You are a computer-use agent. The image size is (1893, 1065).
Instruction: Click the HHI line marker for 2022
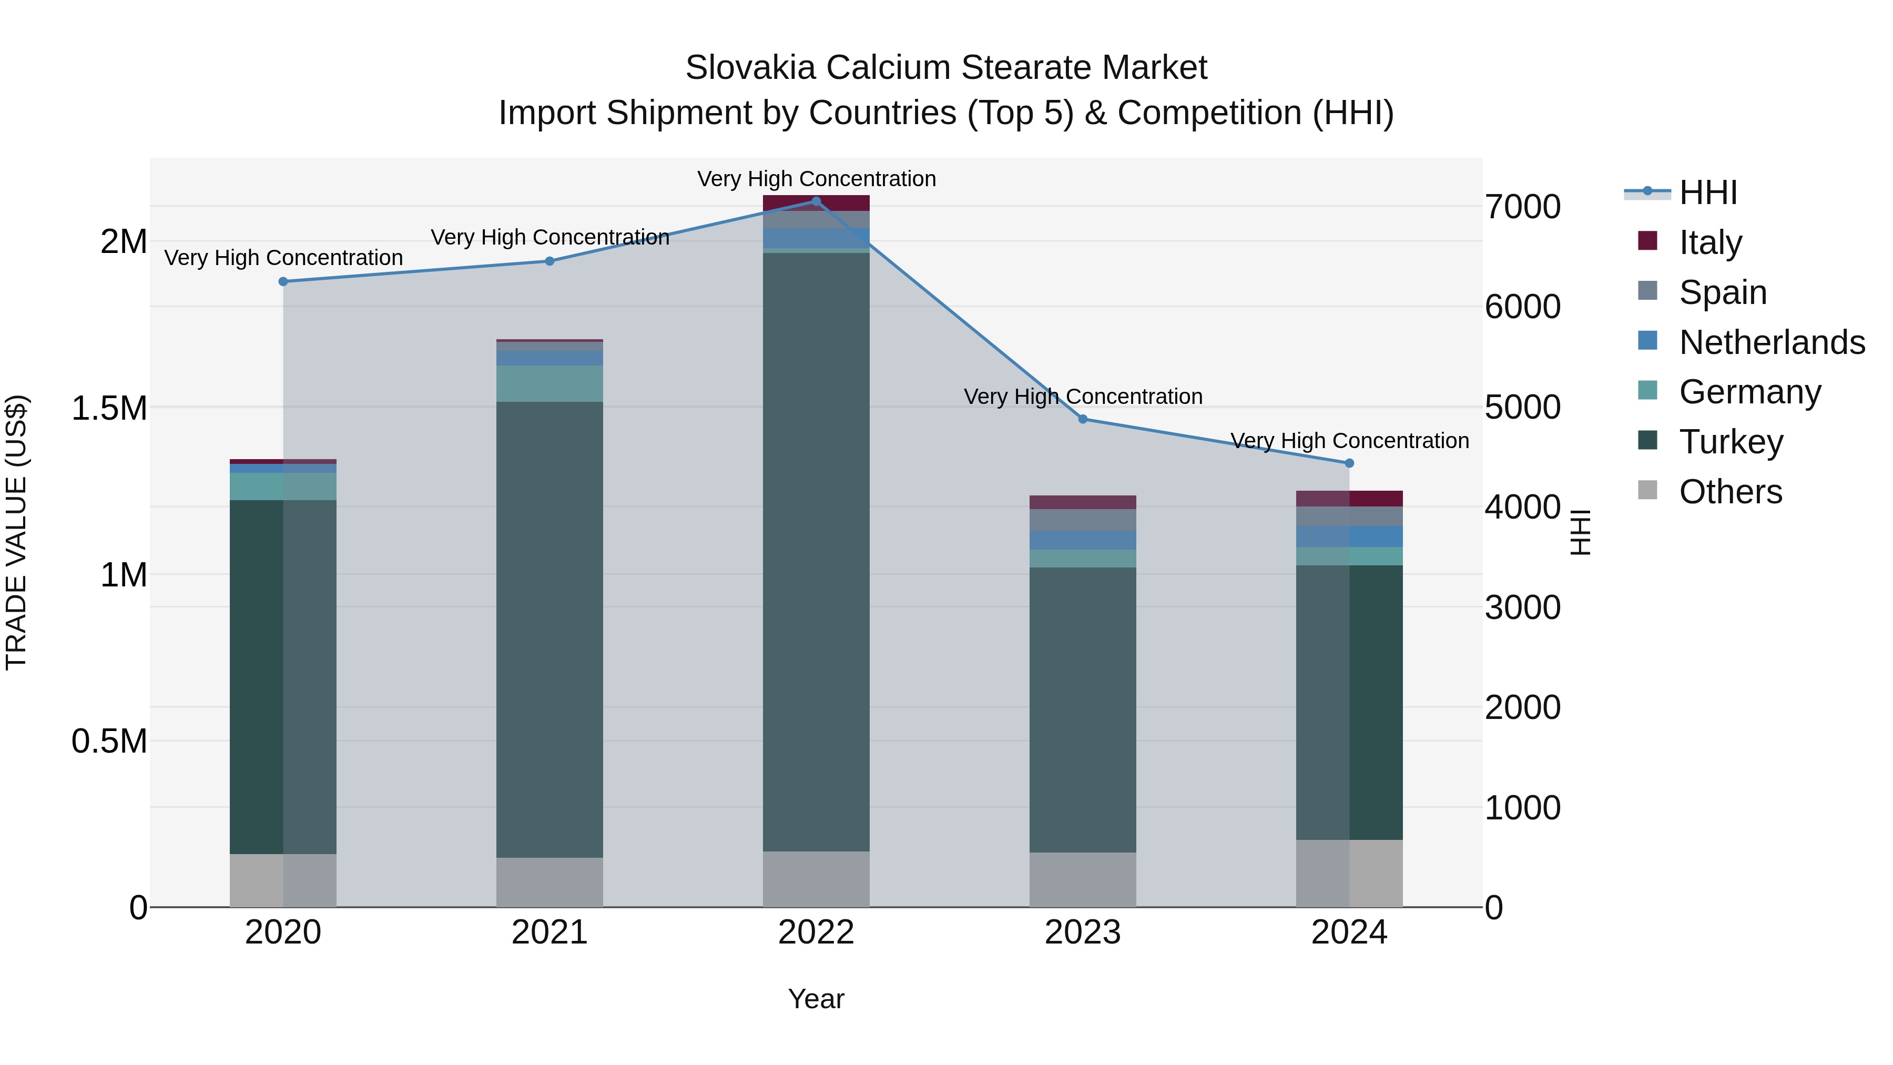[x=816, y=201]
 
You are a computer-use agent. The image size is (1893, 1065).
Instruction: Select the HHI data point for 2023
[x=1083, y=419]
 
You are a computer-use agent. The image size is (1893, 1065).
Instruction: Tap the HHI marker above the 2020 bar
[x=283, y=281]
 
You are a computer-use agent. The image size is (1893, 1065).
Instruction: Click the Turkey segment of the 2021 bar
[x=549, y=628]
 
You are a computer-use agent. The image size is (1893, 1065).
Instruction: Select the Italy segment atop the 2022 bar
[x=816, y=203]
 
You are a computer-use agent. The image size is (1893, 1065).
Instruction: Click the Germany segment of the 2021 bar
[x=549, y=383]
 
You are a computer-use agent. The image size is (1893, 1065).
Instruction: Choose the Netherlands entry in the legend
[x=1772, y=342]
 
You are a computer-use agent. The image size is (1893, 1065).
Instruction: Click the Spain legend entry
[x=1723, y=292]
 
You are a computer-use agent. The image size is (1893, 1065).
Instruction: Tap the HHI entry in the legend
[x=1708, y=192]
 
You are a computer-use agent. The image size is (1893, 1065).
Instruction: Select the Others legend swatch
[x=1647, y=490]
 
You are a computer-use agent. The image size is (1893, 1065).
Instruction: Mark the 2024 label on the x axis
[x=1349, y=932]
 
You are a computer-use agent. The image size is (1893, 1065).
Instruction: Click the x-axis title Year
[x=816, y=999]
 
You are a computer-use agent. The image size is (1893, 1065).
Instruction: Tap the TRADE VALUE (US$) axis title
[x=16, y=532]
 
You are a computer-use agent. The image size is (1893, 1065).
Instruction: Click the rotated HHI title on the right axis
[x=1580, y=532]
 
